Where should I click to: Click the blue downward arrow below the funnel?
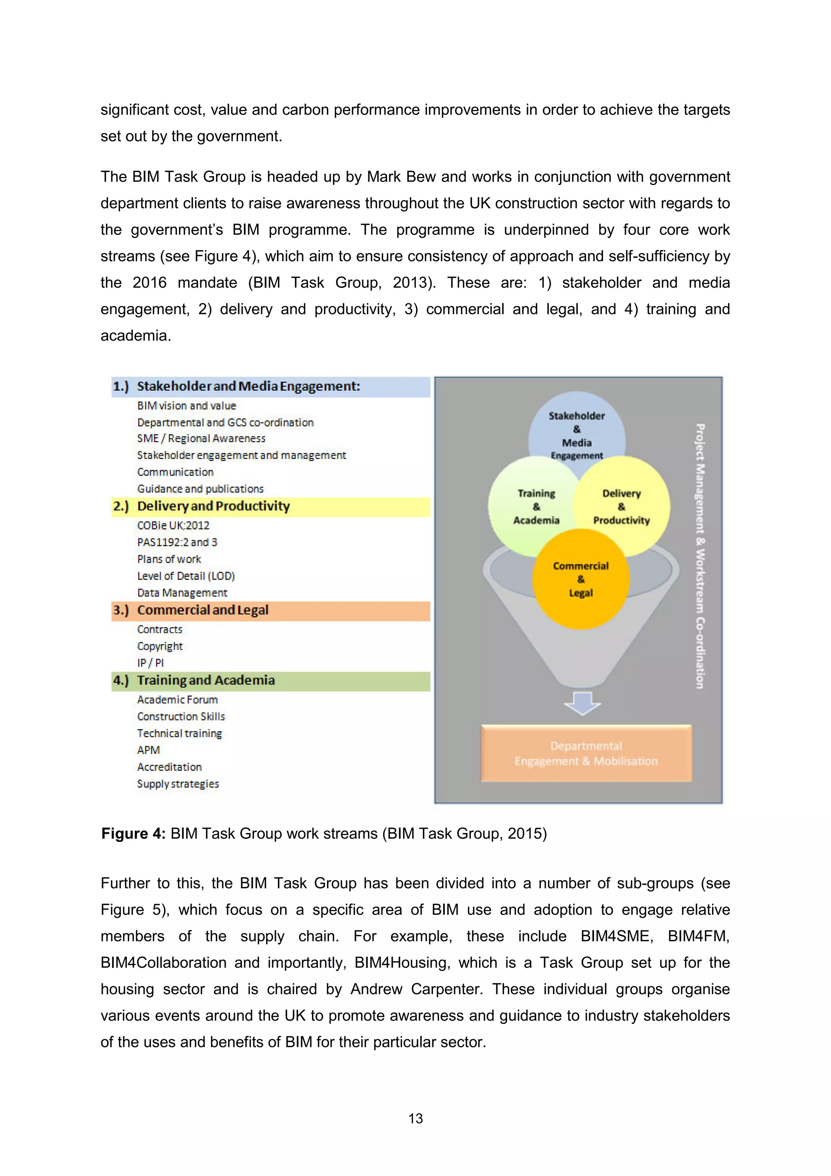click(582, 703)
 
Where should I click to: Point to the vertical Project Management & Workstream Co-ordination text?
click(700, 556)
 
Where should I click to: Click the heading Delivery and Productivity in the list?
click(213, 506)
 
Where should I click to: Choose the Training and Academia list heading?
click(205, 680)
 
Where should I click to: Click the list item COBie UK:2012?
click(173, 526)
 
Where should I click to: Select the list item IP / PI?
click(150, 663)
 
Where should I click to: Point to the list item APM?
click(149, 750)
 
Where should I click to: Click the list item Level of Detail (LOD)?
click(186, 576)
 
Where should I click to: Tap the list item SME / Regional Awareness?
click(201, 438)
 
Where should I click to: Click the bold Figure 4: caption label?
click(133, 834)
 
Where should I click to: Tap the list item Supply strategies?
click(178, 784)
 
